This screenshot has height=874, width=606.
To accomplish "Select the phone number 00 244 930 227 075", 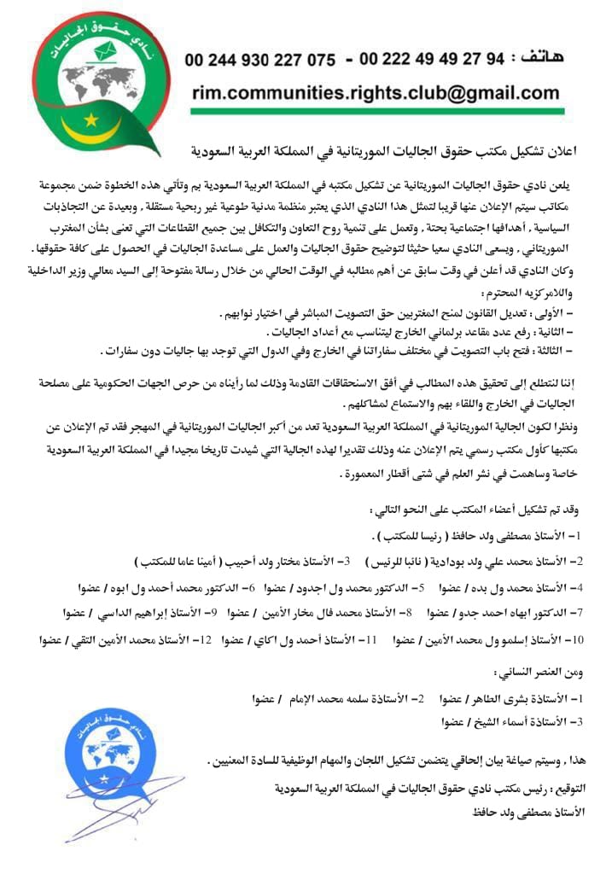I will click(x=259, y=61).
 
